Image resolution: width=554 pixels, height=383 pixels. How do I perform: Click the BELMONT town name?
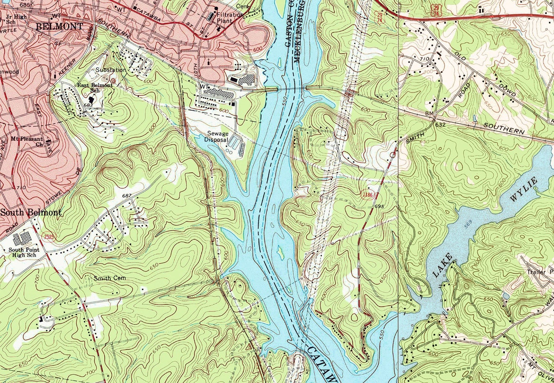[59, 26]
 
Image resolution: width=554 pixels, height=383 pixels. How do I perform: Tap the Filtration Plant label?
[230, 18]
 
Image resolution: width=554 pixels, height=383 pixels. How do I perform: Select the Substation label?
[111, 70]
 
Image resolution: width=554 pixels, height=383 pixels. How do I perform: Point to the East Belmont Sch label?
[95, 87]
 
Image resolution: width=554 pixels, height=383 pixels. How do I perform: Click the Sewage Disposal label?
[216, 136]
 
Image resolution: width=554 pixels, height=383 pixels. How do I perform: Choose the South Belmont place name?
[31, 213]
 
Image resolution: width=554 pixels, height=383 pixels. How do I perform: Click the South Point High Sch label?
[22, 252]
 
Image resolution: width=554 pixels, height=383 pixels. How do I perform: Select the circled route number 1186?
[369, 195]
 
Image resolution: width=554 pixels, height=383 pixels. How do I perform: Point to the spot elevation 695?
[380, 207]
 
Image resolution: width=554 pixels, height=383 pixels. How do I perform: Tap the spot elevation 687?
[127, 195]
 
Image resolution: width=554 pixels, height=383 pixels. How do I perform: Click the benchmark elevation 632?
[440, 125]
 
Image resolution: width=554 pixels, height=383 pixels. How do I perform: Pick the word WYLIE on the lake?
[524, 189]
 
